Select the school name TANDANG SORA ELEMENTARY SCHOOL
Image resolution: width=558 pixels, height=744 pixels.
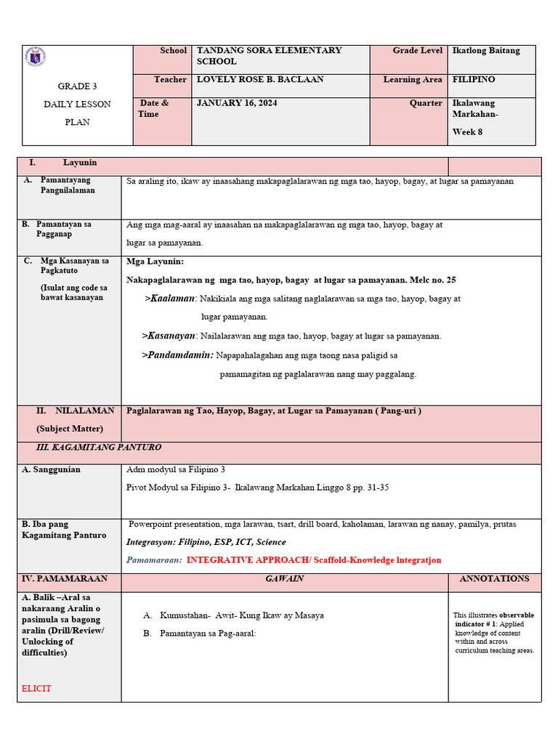click(x=269, y=56)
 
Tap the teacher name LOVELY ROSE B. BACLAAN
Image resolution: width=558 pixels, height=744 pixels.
click(x=260, y=79)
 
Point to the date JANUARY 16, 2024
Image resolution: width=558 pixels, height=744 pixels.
click(x=237, y=103)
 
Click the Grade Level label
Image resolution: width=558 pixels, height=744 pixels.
click(x=417, y=51)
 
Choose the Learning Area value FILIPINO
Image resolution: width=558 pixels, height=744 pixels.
click(x=474, y=79)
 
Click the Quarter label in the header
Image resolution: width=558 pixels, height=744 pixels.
click(x=426, y=103)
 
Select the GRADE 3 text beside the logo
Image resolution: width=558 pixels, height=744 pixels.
click(x=78, y=86)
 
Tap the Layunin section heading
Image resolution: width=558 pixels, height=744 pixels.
click(x=80, y=163)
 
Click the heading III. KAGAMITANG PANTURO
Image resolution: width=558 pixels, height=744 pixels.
click(x=99, y=448)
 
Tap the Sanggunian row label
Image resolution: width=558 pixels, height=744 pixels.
click(x=52, y=469)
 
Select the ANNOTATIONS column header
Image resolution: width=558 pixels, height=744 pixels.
click(x=494, y=579)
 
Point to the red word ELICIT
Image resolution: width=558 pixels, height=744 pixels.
click(x=36, y=688)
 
